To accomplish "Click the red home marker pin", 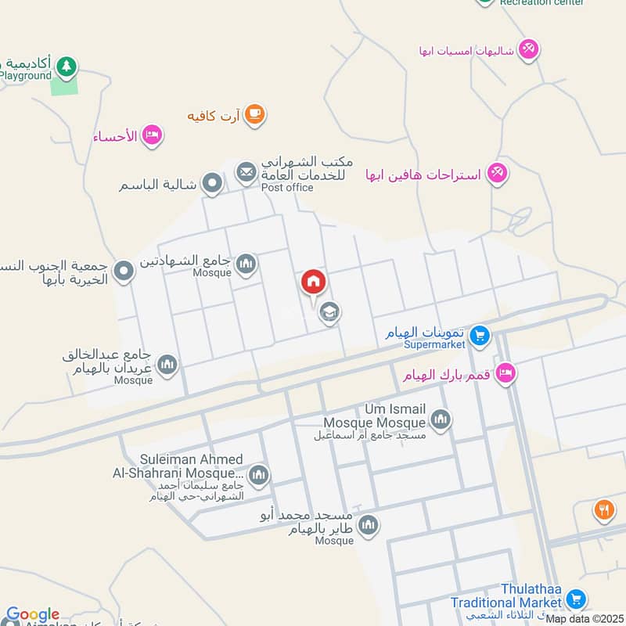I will tap(313, 281).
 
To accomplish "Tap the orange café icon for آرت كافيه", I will tap(254, 115).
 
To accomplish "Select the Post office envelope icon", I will tap(246, 171).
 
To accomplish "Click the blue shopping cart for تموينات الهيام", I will tap(480, 337).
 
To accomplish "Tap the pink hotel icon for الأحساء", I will tap(152, 135).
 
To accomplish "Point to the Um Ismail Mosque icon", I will tap(441, 420).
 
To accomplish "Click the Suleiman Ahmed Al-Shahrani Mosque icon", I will tap(258, 474).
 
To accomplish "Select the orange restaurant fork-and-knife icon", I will tap(603, 510).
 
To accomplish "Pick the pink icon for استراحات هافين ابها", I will tap(497, 172).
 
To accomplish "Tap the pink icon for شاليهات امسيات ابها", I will tap(529, 49).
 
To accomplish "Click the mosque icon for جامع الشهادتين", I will tap(246, 264).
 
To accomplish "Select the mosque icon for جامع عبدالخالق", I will tap(167, 365).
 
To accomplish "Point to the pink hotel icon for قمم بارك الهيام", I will tap(505, 374).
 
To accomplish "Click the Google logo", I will tap(33, 615).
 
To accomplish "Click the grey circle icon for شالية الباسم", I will tap(211, 185).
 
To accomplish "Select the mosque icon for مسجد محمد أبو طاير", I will tap(368, 525).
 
